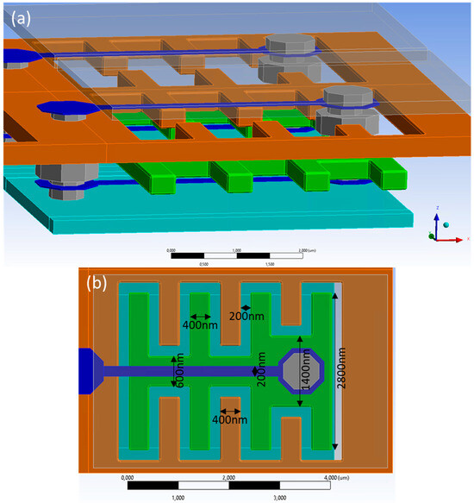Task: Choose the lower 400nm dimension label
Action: [228, 420]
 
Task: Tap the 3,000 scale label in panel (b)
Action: [279, 498]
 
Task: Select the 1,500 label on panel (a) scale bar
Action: [270, 264]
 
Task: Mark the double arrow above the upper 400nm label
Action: [202, 317]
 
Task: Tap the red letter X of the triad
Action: [467, 238]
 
